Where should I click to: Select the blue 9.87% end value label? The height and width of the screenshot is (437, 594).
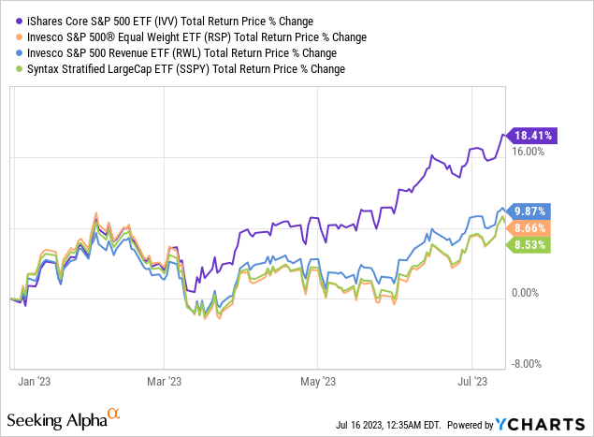[529, 211]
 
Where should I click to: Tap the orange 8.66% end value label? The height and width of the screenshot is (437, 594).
[529, 227]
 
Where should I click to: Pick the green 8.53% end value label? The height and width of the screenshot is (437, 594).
[529, 244]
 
